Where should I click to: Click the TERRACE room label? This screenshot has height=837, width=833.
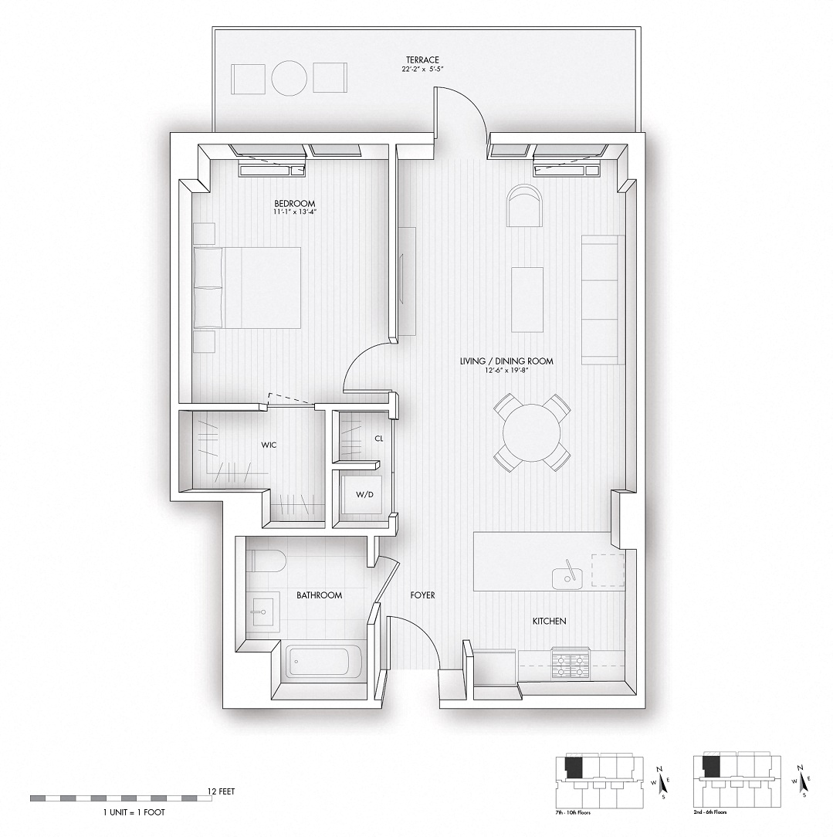point(422,59)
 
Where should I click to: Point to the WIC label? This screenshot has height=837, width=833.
point(269,446)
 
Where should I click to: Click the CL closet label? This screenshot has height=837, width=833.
point(378,438)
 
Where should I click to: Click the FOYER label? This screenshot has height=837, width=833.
point(422,595)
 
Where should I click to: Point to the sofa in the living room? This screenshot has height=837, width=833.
point(602,300)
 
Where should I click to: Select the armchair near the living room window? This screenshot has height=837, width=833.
point(524,205)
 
